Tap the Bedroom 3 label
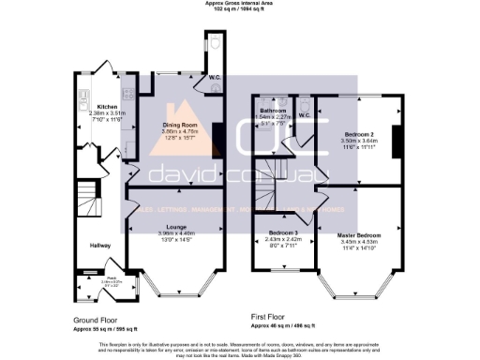click(x=283, y=232)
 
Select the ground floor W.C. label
click(x=214, y=79)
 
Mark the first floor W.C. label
click(x=303, y=116)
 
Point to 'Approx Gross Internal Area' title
click(x=240, y=3)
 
